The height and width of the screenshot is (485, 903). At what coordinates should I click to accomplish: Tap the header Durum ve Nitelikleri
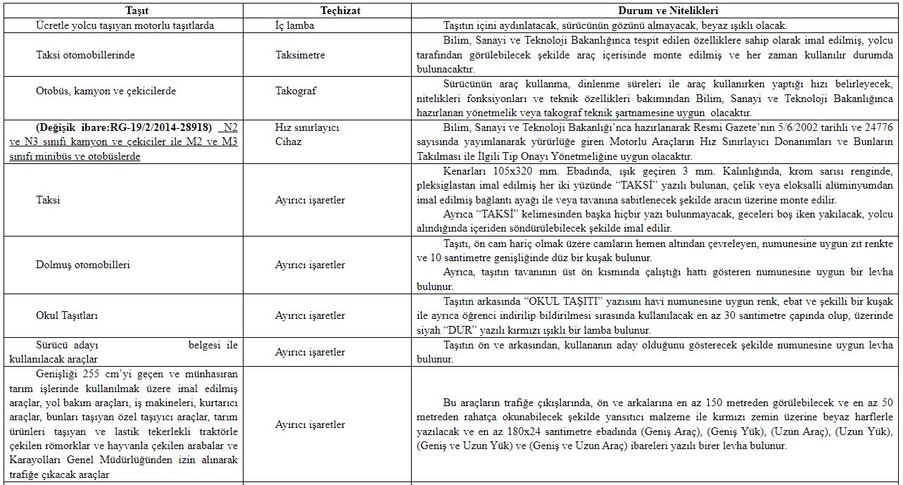(x=667, y=11)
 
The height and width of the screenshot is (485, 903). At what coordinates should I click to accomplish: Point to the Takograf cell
(x=296, y=91)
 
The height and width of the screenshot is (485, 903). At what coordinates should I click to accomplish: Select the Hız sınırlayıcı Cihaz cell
(x=307, y=134)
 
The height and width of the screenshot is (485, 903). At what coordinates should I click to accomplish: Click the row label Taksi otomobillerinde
(x=85, y=55)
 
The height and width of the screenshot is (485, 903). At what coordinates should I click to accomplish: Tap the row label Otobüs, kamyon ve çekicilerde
(x=106, y=91)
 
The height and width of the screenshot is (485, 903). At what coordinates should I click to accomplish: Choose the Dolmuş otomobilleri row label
(x=83, y=265)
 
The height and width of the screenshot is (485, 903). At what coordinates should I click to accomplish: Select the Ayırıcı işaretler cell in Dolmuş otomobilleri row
(x=310, y=265)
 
